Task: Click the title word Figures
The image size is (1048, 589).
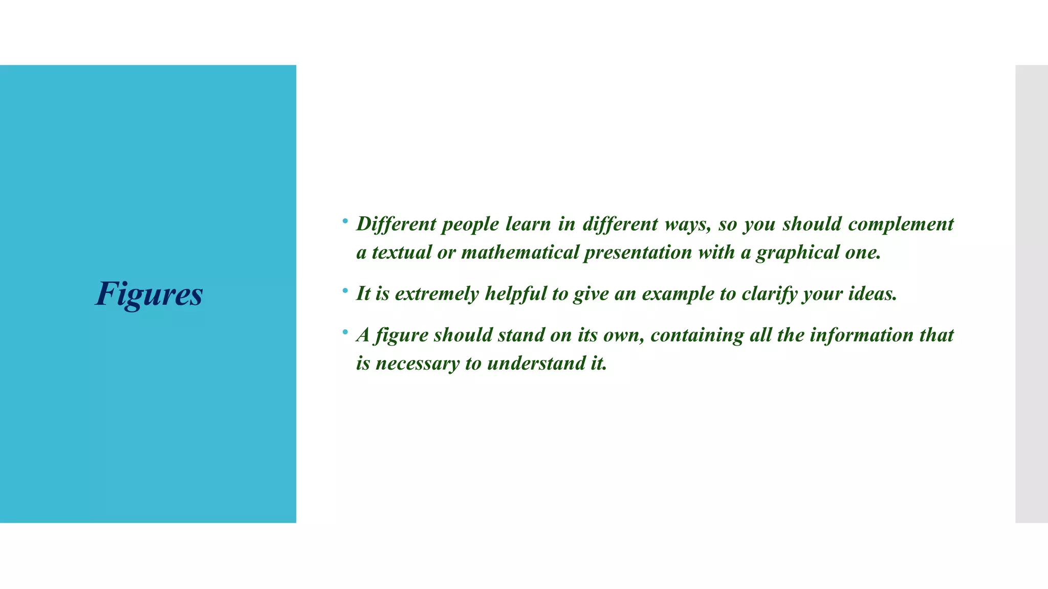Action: click(x=149, y=294)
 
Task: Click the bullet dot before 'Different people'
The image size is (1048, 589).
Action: click(x=345, y=221)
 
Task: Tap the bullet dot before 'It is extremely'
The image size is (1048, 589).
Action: click(x=345, y=291)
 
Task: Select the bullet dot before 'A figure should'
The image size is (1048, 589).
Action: click(x=345, y=332)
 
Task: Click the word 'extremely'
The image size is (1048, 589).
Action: click(x=437, y=294)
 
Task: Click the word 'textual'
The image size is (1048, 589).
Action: click(x=402, y=253)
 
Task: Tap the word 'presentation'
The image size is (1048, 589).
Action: click(x=638, y=253)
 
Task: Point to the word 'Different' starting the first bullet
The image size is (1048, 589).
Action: click(x=396, y=224)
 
